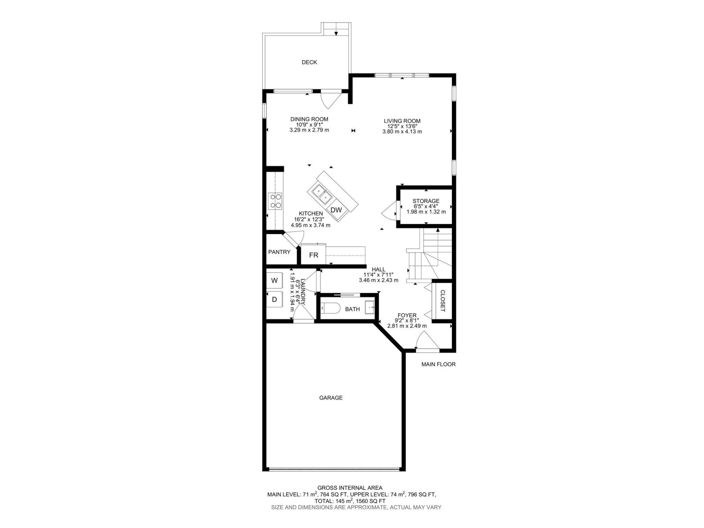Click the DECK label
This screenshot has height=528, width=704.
pos(309,62)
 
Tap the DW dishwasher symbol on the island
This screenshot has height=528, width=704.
pos(336,210)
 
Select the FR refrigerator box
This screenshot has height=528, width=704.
pos(313,255)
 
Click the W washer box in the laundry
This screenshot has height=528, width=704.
pos(274,280)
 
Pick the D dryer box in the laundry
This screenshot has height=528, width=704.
pos(274,300)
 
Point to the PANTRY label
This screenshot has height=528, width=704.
pos(279,252)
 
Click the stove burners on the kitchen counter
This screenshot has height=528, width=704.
pos(276,201)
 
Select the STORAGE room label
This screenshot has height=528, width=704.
pos(425,201)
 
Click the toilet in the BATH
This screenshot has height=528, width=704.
pos(330,309)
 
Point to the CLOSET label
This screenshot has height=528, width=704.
pos(443,301)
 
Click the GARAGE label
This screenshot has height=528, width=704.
pos(330,398)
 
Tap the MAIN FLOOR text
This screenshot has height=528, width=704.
pos(438,364)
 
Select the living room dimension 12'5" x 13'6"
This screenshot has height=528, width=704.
pos(402,126)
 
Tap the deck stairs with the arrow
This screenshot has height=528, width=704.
pos(337,29)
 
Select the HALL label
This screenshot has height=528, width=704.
pos(378,270)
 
